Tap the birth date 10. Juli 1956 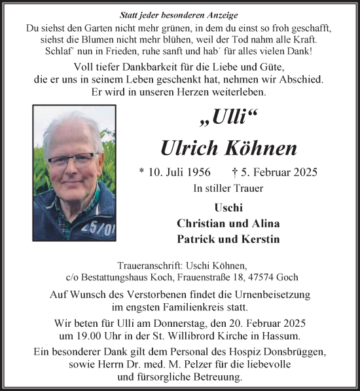tap(179, 173)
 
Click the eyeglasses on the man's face tap(73, 159)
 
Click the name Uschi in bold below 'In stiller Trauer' tap(228, 208)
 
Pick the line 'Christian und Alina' tap(228, 223)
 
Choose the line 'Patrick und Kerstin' tap(228, 239)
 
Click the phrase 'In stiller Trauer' tap(227, 189)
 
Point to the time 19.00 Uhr tap(99, 335)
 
